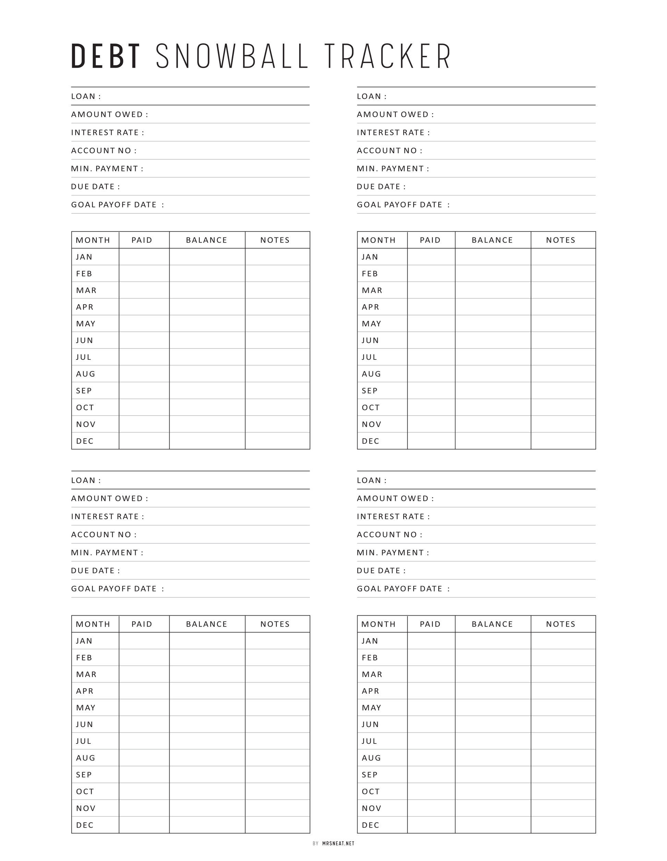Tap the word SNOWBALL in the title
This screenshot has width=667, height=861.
pyautogui.click(x=232, y=57)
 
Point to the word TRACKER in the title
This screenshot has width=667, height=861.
pyautogui.click(x=388, y=57)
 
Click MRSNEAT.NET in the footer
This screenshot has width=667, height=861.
pyautogui.click(x=338, y=843)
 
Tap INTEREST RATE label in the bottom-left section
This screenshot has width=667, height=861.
pyautogui.click(x=107, y=516)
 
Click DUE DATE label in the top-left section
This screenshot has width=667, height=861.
pyautogui.click(x=95, y=187)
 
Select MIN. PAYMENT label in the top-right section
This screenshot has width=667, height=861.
pyautogui.click(x=392, y=169)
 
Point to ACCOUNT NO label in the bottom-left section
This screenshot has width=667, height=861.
pyautogui.click(x=104, y=534)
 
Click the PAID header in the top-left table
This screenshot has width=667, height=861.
pyautogui.click(x=142, y=240)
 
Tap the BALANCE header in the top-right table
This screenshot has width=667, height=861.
pyautogui.click(x=492, y=240)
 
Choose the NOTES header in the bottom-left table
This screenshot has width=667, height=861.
pyautogui.click(x=275, y=624)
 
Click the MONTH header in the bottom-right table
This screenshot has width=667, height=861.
pyautogui.click(x=378, y=624)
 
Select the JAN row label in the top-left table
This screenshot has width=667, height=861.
pyautogui.click(x=84, y=257)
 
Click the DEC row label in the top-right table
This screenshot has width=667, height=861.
pyautogui.click(x=371, y=441)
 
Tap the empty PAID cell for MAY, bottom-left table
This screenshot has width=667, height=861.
pyautogui.click(x=144, y=708)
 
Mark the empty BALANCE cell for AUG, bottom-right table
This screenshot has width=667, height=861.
pyautogui.click(x=493, y=758)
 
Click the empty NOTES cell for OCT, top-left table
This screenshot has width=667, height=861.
pyautogui.click(x=277, y=408)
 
